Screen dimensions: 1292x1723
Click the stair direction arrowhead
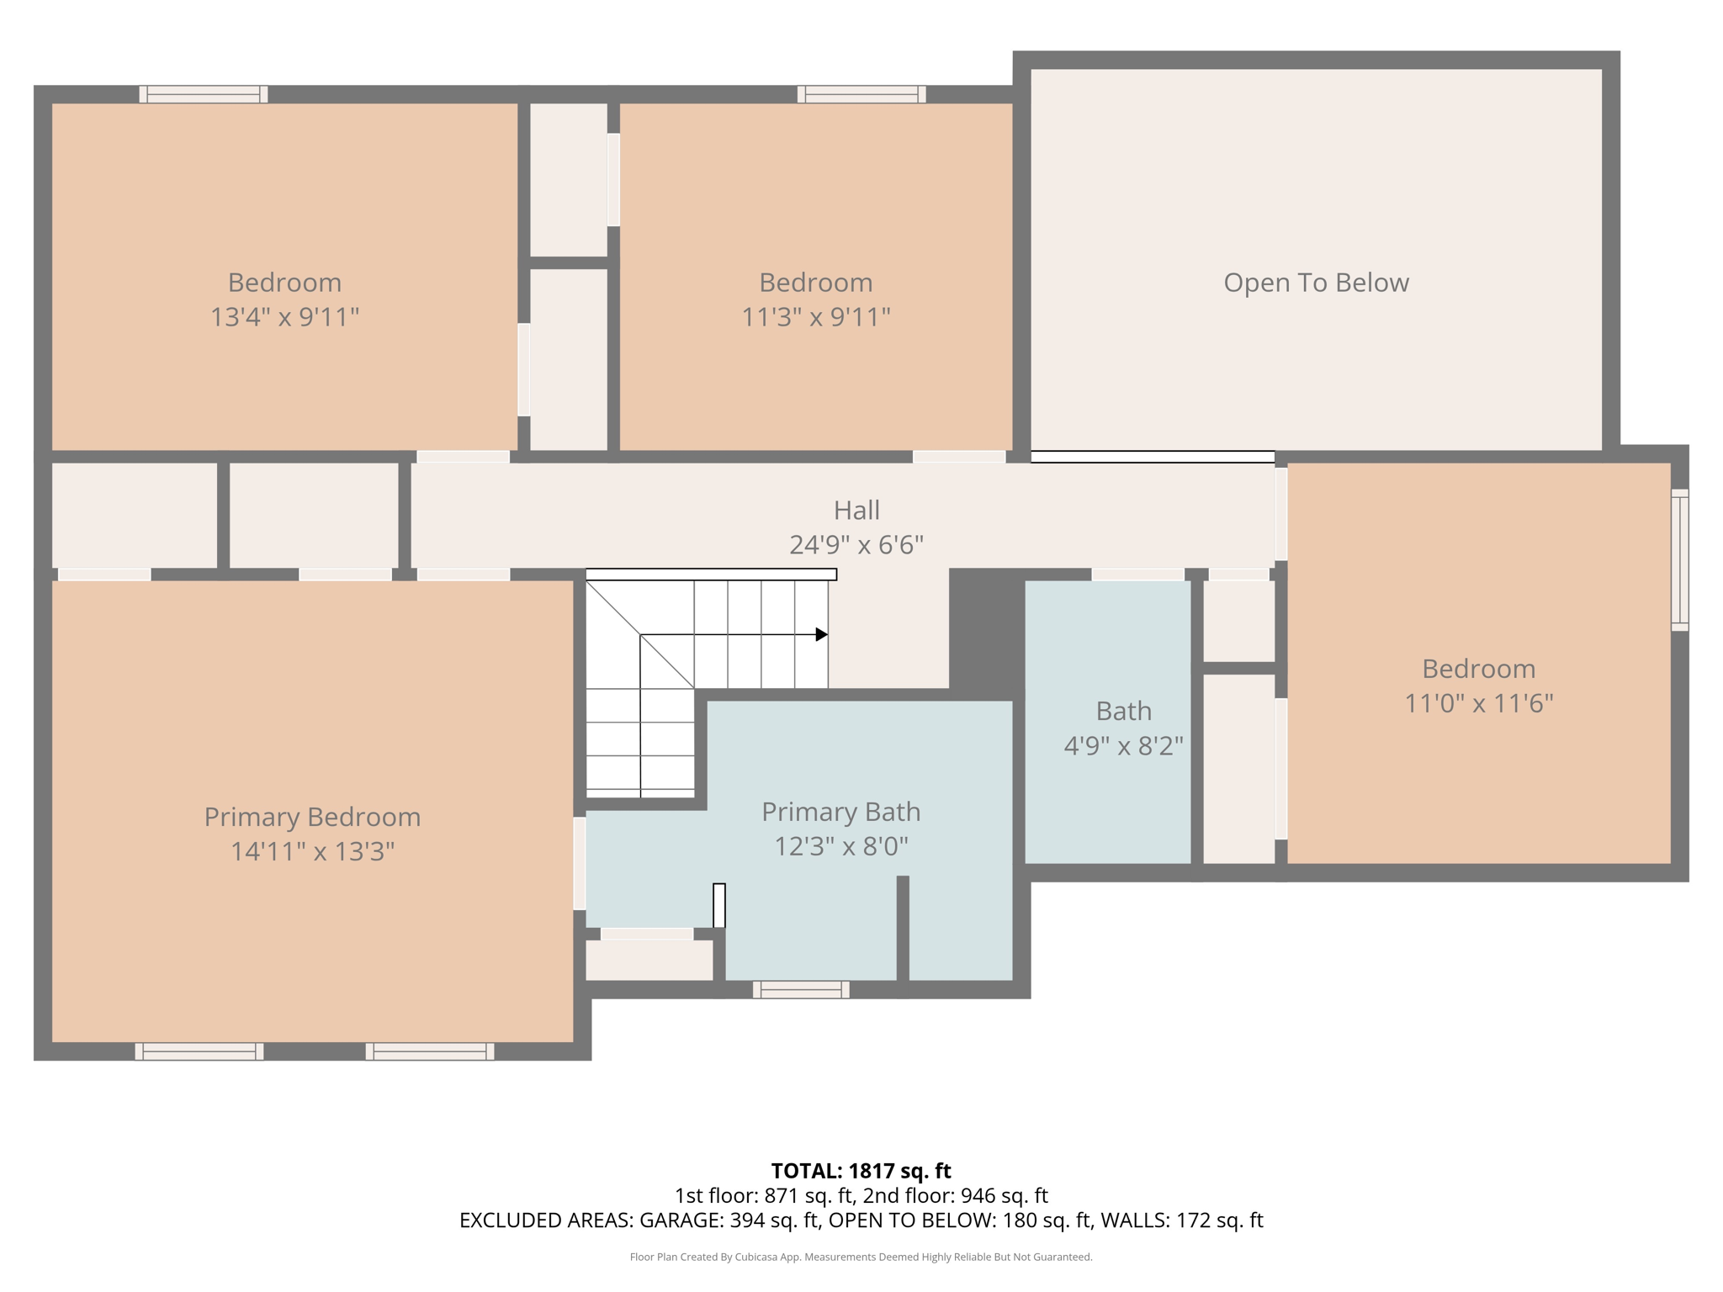point(821,634)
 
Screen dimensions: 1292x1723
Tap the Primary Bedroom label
point(312,817)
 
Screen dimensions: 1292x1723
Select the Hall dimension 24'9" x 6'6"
point(856,545)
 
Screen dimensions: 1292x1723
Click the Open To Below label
point(1316,283)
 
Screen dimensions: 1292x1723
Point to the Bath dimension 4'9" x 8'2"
point(1123,746)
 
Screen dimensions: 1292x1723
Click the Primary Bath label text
point(840,812)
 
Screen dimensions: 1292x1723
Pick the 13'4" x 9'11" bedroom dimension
point(284,317)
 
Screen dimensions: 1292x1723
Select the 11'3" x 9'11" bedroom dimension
point(815,317)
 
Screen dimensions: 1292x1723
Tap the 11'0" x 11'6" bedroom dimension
point(1478,703)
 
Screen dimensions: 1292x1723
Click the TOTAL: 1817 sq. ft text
point(861,1171)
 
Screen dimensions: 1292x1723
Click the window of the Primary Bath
point(801,990)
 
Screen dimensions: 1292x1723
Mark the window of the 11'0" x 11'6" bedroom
point(1679,559)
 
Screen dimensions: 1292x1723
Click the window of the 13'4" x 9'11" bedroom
point(204,94)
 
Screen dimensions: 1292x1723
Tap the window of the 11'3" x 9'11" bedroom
point(861,94)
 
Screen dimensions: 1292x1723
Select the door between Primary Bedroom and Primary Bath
point(580,863)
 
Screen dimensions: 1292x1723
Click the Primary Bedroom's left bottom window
point(199,1051)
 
